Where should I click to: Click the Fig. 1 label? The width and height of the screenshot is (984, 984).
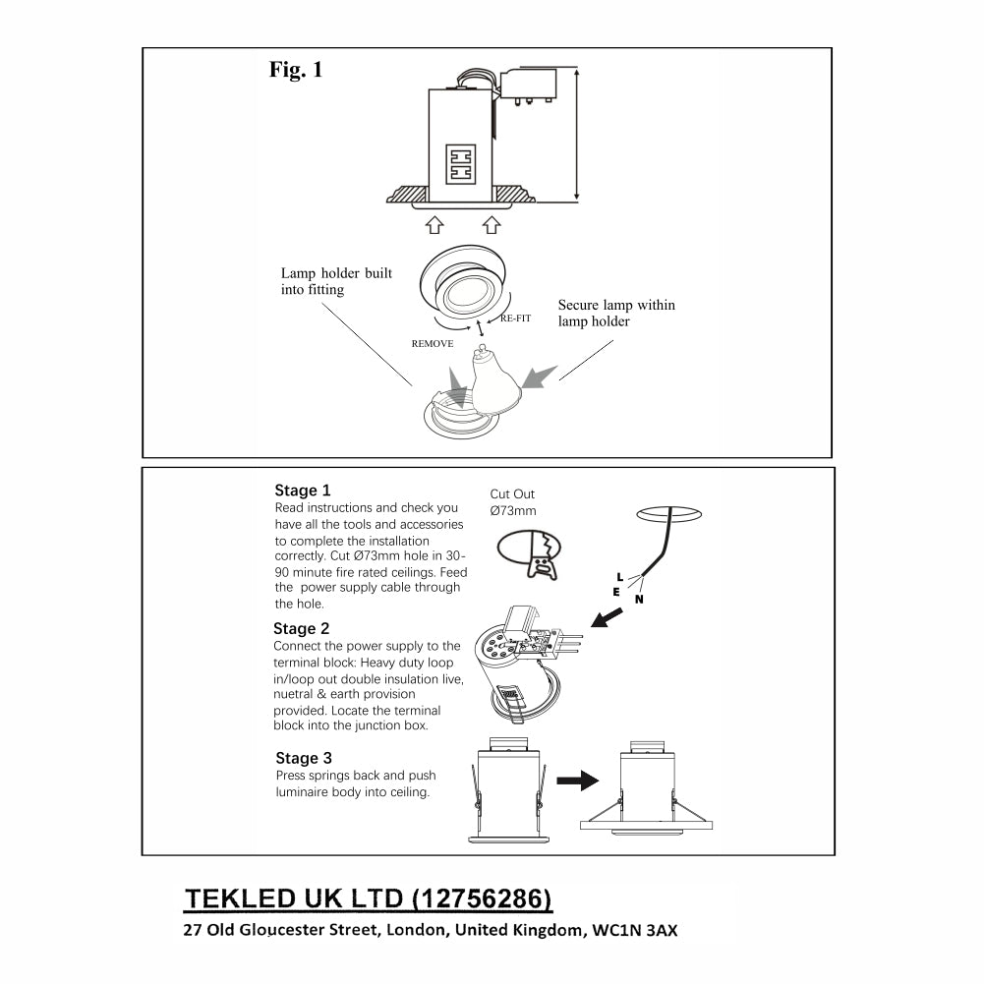[295, 70]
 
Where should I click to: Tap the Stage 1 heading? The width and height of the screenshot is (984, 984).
[303, 491]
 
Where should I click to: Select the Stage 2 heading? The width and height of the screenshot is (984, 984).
[302, 629]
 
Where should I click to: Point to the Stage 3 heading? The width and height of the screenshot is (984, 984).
[304, 759]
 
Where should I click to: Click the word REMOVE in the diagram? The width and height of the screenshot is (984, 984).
[433, 344]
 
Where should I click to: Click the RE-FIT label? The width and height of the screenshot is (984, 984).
[515, 319]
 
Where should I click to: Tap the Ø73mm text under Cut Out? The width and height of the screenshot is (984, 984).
[513, 511]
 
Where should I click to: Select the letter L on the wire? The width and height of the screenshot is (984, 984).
[618, 576]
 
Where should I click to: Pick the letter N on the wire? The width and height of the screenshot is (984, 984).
[639, 599]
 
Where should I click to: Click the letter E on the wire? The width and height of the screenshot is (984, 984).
[615, 592]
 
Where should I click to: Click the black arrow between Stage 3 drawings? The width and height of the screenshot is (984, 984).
[577, 781]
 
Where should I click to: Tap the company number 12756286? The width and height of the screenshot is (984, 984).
[481, 898]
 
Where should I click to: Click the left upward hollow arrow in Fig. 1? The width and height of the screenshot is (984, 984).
[434, 225]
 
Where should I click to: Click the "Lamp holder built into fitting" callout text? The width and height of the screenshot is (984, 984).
[336, 281]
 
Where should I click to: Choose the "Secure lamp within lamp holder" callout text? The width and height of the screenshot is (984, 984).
[616, 313]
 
